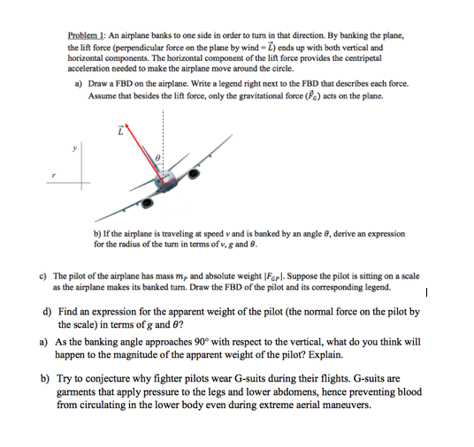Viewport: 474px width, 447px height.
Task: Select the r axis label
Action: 54,175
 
